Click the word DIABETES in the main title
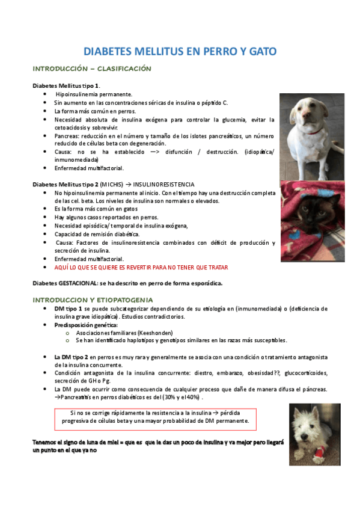click(x=110, y=52)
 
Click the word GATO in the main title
click(x=261, y=52)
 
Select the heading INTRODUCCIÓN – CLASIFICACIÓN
click(x=92, y=69)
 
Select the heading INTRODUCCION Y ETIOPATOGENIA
click(x=93, y=300)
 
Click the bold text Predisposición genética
click(x=86, y=324)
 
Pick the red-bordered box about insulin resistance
click(x=156, y=416)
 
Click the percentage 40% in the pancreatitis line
click(x=191, y=398)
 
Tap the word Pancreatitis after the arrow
click(x=78, y=398)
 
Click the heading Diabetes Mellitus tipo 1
click(x=66, y=86)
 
